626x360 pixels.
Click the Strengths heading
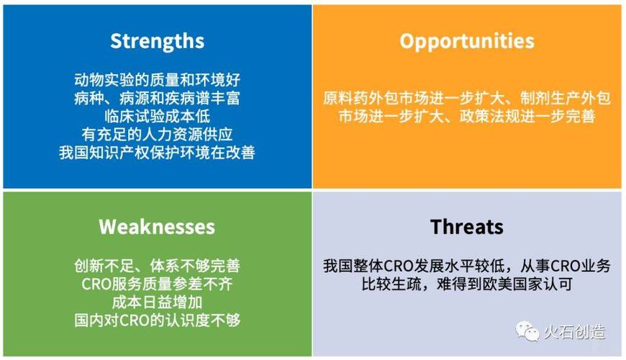tap(157, 41)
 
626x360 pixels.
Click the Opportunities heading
tap(467, 41)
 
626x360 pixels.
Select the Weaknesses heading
tap(157, 227)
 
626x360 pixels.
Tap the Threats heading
tap(467, 227)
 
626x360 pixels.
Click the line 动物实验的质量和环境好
tap(157, 79)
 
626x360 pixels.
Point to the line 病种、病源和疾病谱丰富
tap(157, 97)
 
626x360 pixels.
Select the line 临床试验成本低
tap(157, 116)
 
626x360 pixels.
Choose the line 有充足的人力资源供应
tap(157, 134)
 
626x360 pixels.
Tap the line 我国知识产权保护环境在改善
tap(157, 153)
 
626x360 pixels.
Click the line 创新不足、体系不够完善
tap(157, 266)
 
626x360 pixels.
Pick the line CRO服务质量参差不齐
tap(157, 284)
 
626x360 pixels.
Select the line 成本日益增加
tap(157, 302)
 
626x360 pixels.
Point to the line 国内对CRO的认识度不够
tap(157, 320)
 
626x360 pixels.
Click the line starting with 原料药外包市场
tap(467, 98)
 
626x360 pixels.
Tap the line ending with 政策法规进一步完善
tap(467, 116)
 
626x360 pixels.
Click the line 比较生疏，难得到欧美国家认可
tap(467, 284)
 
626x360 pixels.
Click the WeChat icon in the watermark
tap(527, 332)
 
